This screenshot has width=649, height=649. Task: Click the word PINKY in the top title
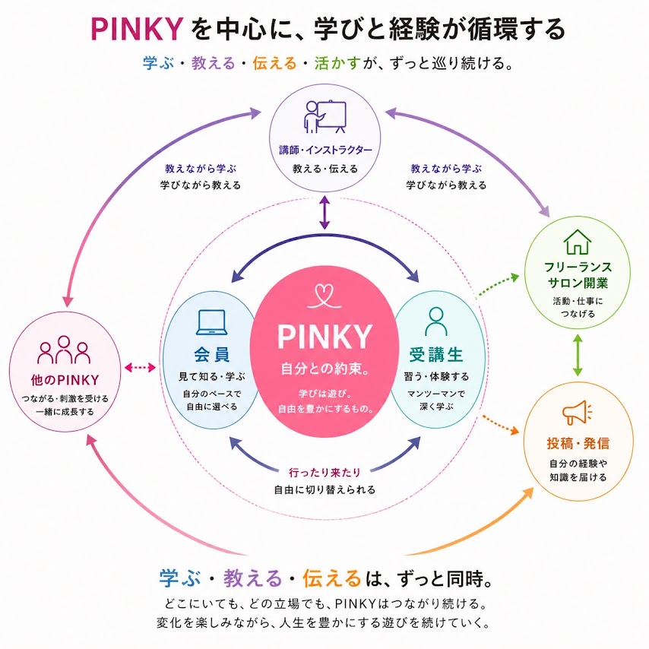click(137, 29)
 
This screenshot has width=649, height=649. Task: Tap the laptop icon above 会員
click(212, 322)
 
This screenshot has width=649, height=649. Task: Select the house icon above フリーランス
click(578, 242)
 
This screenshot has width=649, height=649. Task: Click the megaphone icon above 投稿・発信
click(577, 412)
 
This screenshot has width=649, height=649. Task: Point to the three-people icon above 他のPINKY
click(64, 350)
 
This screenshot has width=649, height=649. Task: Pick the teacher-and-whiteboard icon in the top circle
click(325, 117)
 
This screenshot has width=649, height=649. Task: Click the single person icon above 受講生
click(436, 321)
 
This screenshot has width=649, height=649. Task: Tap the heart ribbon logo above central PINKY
click(324, 296)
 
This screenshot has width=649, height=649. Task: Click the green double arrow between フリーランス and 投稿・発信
click(578, 356)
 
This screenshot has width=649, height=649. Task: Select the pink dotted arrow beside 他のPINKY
click(140, 367)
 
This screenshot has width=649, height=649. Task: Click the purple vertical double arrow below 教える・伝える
click(325, 213)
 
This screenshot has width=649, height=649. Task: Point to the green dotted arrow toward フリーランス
click(497, 286)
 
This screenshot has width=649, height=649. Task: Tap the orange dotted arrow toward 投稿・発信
click(501, 424)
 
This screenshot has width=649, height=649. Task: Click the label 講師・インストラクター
click(325, 150)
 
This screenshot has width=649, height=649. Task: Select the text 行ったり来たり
click(325, 472)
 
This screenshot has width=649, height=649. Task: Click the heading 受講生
click(436, 355)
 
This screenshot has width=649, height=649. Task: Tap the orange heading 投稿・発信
click(578, 443)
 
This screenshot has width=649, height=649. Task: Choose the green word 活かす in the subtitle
click(338, 63)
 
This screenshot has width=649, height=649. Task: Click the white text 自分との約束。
click(325, 369)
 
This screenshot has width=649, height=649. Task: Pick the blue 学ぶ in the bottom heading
click(179, 578)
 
